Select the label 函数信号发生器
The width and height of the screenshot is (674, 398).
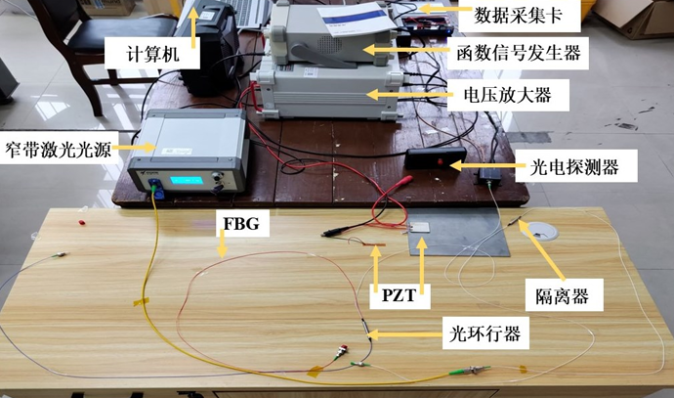coord(519,53)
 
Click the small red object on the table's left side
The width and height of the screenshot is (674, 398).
coord(81,222)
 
